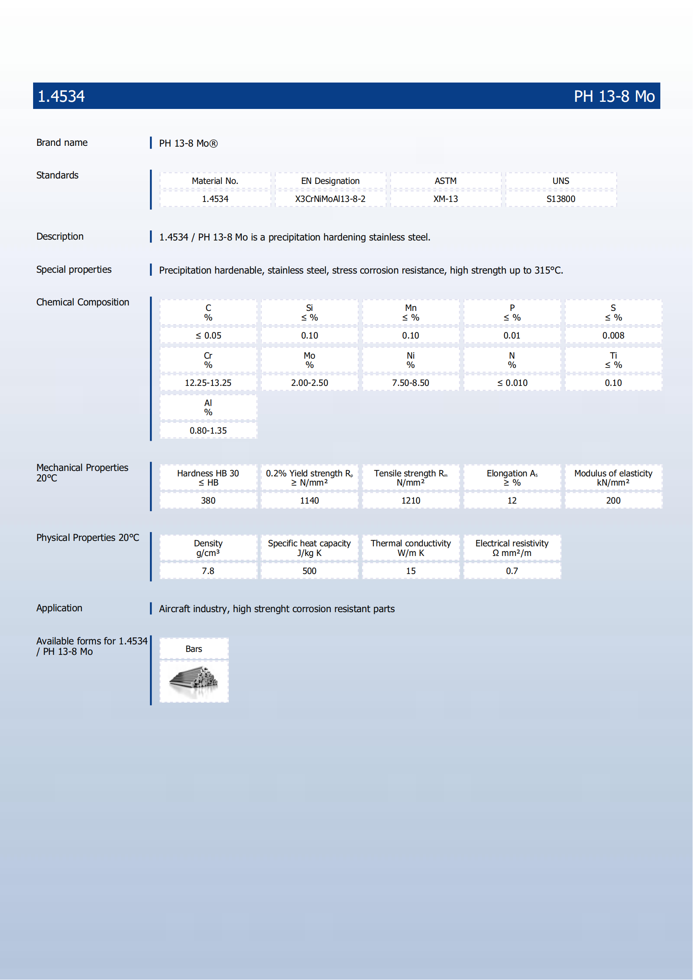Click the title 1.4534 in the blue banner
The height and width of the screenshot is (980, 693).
point(61,96)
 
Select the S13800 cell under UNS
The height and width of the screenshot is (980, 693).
point(561,199)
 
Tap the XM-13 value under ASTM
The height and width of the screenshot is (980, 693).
point(445,199)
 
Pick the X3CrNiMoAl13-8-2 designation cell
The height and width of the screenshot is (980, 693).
point(330,199)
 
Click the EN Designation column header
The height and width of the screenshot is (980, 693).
point(330,181)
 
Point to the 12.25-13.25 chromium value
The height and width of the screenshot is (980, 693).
point(208,383)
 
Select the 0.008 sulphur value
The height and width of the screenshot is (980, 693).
point(613,336)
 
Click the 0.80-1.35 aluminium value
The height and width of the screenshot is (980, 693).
point(208,431)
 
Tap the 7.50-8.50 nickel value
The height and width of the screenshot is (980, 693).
point(411,383)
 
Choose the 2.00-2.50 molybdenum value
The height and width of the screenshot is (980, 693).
point(309,383)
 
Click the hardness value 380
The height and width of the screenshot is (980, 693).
point(208,501)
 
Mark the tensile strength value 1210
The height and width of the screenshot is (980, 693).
point(411,501)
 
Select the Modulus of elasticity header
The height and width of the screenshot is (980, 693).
point(613,478)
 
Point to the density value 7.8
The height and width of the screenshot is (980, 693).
point(208,571)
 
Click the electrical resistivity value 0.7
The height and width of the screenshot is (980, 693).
point(512,571)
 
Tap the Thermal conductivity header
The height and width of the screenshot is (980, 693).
point(411,548)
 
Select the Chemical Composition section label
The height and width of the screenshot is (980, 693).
point(83,303)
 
